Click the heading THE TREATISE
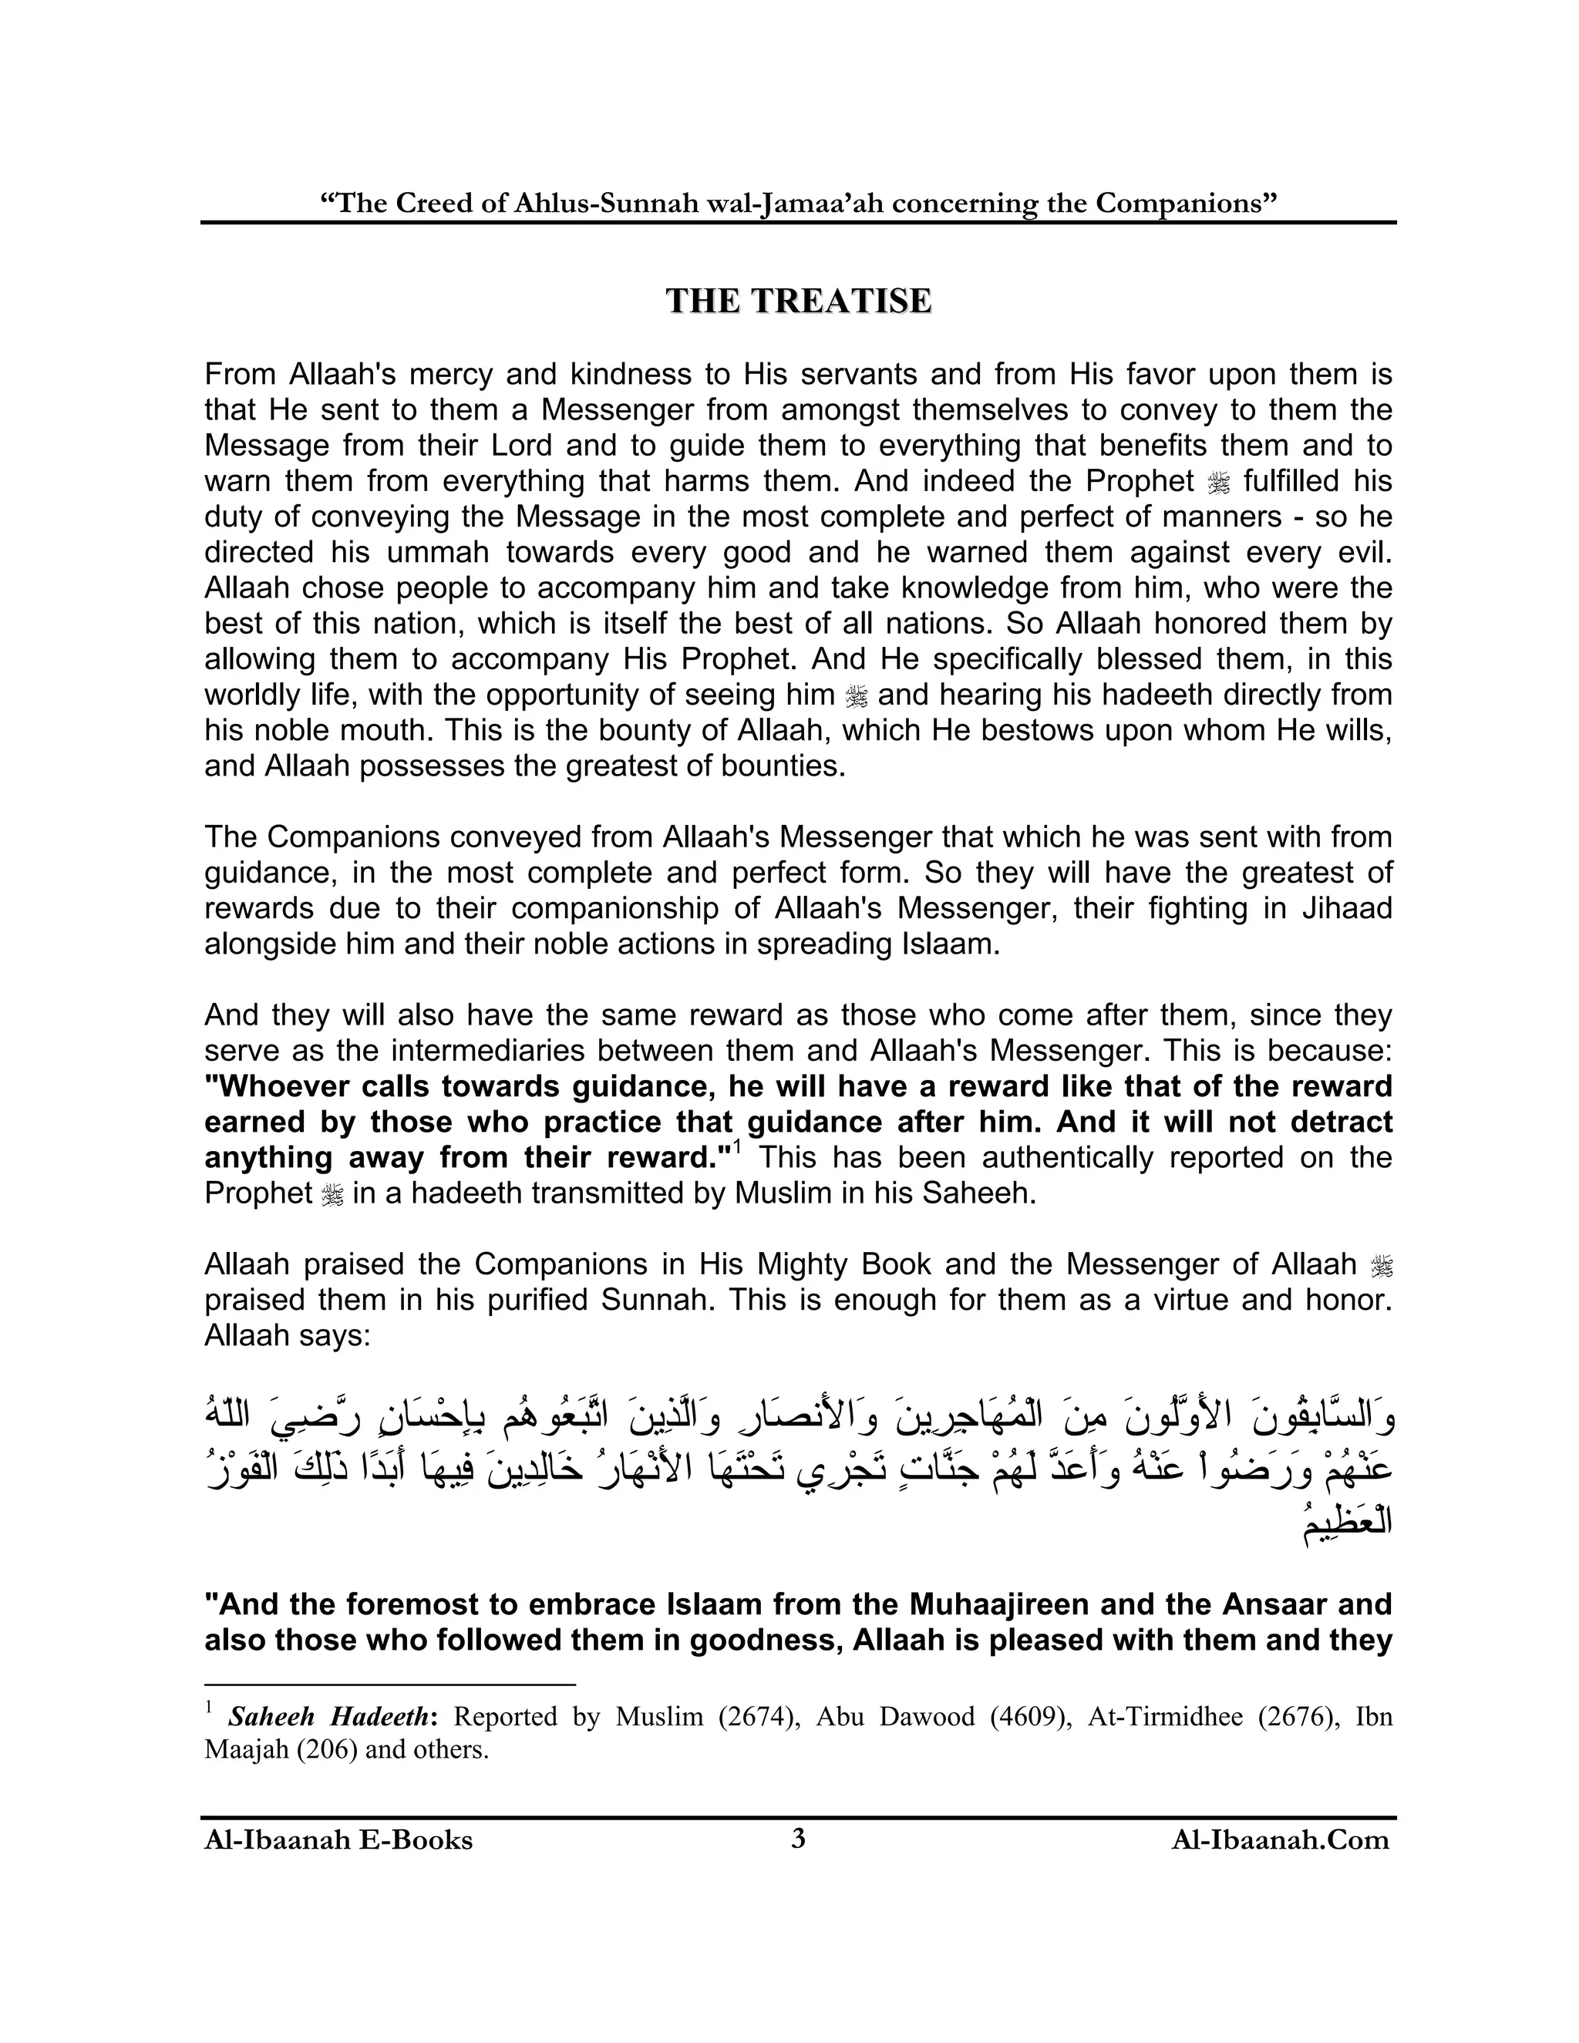pos(798,301)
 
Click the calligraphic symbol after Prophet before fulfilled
pos(1219,483)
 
